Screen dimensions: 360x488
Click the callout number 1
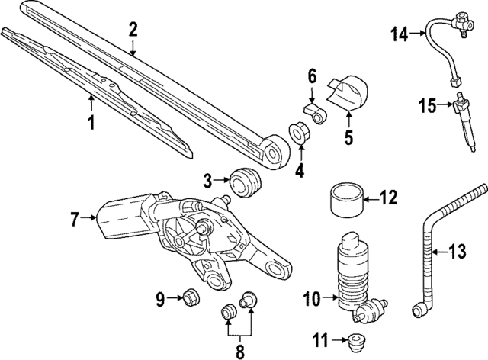[x=91, y=122]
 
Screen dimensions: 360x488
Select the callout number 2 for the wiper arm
[x=133, y=30]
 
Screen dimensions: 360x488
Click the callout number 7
[x=75, y=220]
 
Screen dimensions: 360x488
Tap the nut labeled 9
[x=191, y=297]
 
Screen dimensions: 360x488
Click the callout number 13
[x=455, y=249]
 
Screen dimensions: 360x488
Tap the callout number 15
[x=427, y=105]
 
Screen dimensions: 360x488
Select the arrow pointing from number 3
[x=223, y=182]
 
